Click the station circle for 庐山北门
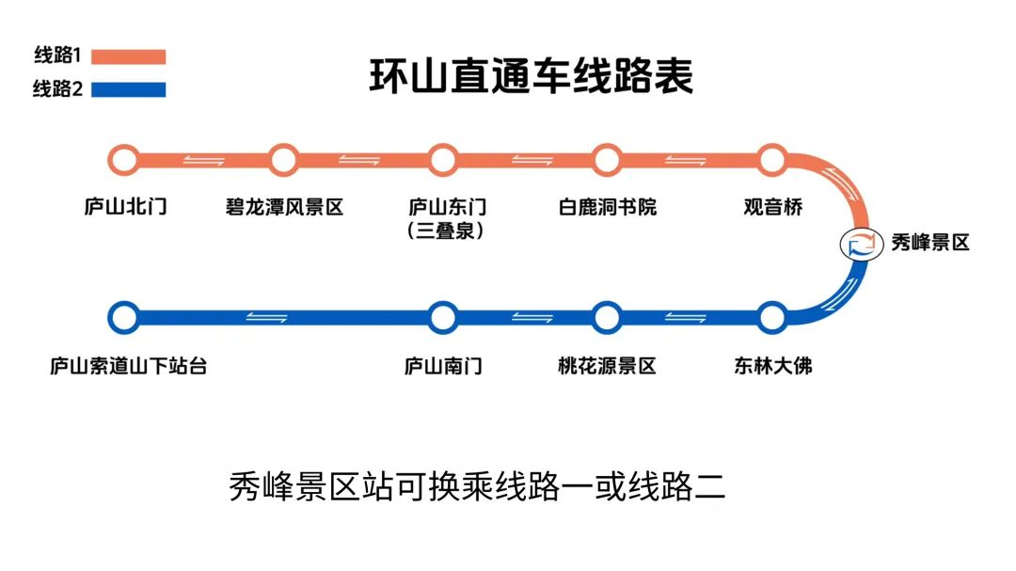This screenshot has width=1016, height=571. click(123, 160)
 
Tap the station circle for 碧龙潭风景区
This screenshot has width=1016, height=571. click(283, 160)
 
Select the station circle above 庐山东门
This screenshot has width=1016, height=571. click(442, 160)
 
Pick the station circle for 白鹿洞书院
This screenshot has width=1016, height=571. click(607, 160)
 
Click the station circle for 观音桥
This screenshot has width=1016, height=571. click(772, 160)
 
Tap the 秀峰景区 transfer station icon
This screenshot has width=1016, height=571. click(857, 243)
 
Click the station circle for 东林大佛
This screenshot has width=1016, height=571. click(772, 318)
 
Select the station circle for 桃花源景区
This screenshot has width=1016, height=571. click(607, 318)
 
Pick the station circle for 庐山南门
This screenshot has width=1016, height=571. click(442, 318)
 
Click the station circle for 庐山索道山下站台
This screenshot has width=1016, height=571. click(123, 318)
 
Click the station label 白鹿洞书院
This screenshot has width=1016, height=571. click(607, 207)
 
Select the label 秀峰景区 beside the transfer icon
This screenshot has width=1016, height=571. click(929, 243)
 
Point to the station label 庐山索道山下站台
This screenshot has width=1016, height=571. click(128, 366)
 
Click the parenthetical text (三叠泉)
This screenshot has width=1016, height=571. click(447, 230)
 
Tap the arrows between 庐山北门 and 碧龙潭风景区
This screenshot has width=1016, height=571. click(203, 159)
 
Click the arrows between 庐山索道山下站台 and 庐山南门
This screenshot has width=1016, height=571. click(267, 317)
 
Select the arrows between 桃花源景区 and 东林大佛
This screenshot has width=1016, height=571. click(686, 317)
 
